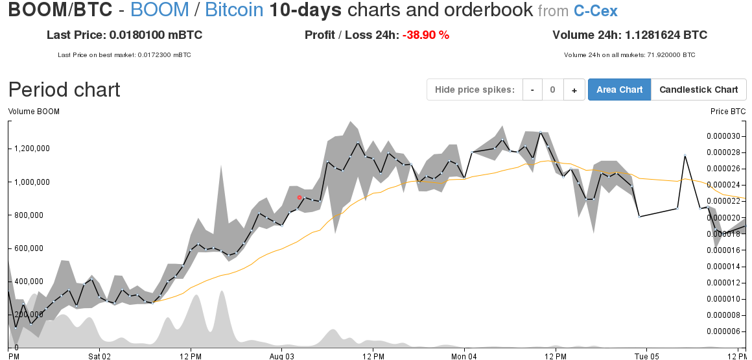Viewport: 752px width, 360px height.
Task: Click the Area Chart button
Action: pyautogui.click(x=619, y=90)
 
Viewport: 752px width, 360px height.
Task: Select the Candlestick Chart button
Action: pyautogui.click(x=698, y=90)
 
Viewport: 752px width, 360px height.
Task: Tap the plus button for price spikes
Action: pyautogui.click(x=574, y=90)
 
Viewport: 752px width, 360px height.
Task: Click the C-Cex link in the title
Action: pyautogui.click(x=595, y=10)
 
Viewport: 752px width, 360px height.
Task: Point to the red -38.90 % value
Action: pyautogui.click(x=425, y=35)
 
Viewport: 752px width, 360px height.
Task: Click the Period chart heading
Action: pyautogui.click(x=64, y=90)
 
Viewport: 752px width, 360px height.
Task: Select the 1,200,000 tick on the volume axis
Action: pyautogui.click(x=32, y=149)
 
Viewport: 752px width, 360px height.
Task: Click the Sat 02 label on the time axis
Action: pyautogui.click(x=100, y=356)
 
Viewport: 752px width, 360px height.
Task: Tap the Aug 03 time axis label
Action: pyautogui.click(x=282, y=356)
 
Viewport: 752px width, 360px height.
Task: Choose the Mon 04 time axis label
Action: pyautogui.click(x=464, y=356)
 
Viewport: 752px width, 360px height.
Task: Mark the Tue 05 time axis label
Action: pyautogui.click(x=646, y=356)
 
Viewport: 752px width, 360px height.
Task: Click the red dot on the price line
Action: pyautogui.click(x=300, y=197)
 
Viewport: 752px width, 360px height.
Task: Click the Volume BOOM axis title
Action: pyautogui.click(x=34, y=112)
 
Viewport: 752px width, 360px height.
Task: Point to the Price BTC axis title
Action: pyautogui.click(x=728, y=112)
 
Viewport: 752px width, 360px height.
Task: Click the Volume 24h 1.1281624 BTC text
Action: pyautogui.click(x=629, y=35)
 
